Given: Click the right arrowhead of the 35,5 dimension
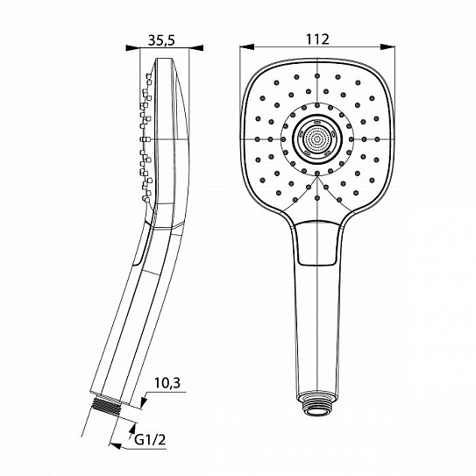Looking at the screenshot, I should (x=181, y=49).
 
